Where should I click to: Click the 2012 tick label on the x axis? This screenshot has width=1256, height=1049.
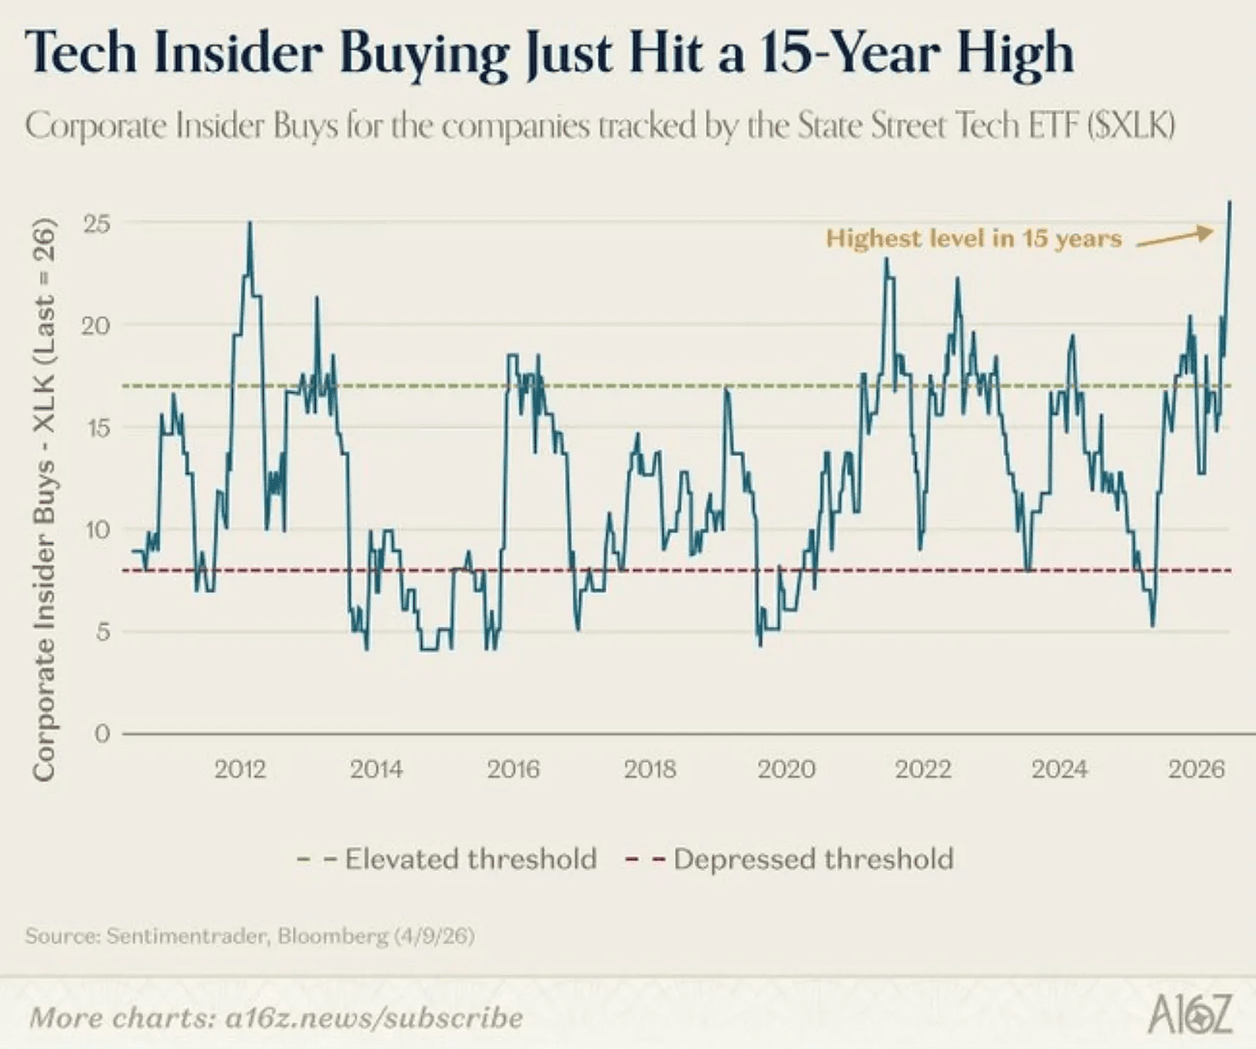coord(240,769)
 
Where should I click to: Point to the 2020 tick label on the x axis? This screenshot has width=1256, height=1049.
coord(786,769)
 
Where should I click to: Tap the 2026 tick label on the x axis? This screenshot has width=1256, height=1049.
coord(1196,769)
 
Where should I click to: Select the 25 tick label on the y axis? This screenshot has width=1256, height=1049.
coord(97,223)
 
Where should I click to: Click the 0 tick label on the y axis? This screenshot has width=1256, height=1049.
coord(103,734)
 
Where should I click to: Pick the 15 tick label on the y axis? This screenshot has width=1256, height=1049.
coord(97,428)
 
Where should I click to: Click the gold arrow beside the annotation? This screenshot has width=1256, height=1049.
coord(1174,237)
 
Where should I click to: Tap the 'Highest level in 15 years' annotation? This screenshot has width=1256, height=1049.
coord(974,239)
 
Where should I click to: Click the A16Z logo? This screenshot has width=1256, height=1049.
coord(1190,1015)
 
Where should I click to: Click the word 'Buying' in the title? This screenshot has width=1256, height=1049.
coord(424,53)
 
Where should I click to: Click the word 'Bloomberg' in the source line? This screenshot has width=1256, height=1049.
coord(333,936)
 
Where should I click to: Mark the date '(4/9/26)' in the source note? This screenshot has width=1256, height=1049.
coord(435,936)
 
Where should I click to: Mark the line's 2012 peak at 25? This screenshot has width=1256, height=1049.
coord(250,223)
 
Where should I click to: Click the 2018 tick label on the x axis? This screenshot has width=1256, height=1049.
coord(650,769)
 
